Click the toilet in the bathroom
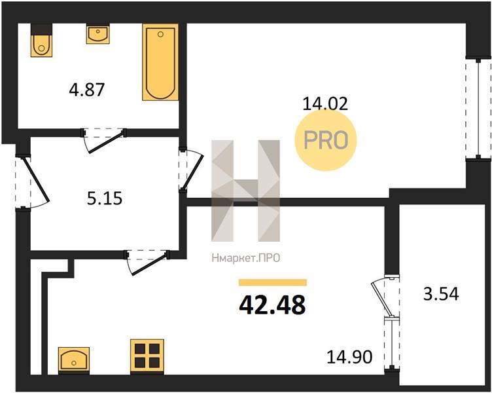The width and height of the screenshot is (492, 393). (x=41, y=40)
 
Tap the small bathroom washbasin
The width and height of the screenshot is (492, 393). (x=98, y=34)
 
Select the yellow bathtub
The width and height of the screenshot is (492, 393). (x=160, y=62)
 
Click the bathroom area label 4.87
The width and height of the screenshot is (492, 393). (x=86, y=90)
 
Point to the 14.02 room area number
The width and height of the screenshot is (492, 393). (x=325, y=103)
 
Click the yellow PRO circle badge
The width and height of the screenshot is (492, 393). (x=326, y=140)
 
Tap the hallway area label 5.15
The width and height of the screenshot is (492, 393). (x=105, y=198)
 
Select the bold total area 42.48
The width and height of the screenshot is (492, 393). (x=272, y=305)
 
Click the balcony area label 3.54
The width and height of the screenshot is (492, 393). (x=441, y=294)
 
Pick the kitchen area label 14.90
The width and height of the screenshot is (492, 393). (x=349, y=357)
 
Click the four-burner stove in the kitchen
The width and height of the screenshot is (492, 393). (x=147, y=357)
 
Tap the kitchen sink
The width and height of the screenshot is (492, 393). (x=74, y=361)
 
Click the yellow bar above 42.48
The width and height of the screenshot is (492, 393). (x=273, y=282)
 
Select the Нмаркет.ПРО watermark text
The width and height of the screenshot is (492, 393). (x=246, y=258)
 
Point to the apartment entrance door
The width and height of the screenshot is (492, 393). (x=31, y=182)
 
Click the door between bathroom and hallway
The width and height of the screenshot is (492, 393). (x=103, y=140)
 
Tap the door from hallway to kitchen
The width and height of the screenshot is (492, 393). (x=147, y=261)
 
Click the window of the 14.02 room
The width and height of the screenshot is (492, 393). (x=478, y=109)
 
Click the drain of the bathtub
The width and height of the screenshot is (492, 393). (x=161, y=34)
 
